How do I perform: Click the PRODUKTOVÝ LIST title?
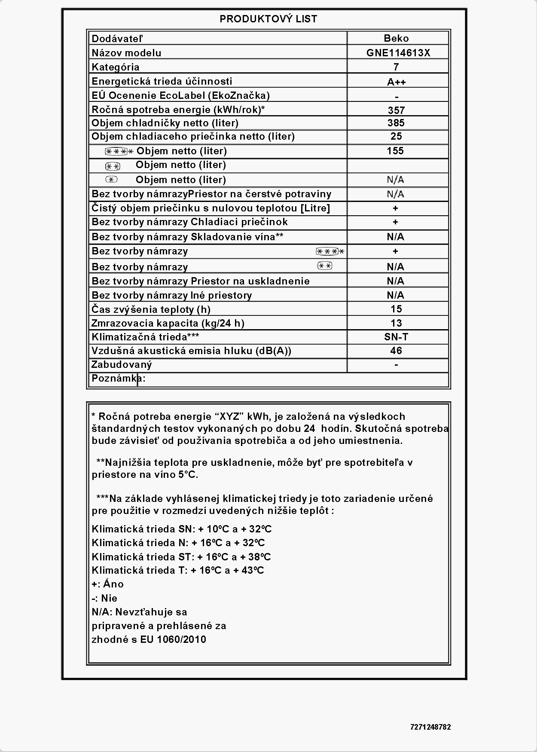(x=268, y=19)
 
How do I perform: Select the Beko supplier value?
(x=396, y=38)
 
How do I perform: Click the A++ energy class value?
(x=396, y=82)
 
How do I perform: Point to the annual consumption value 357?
(x=396, y=110)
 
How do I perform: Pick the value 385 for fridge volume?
(x=396, y=123)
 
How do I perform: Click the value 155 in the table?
(x=395, y=151)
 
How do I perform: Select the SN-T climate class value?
(x=396, y=337)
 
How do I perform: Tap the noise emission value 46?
(x=396, y=351)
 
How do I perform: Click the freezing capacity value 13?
(x=396, y=323)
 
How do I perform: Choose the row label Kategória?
(x=116, y=67)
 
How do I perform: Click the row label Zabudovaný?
(x=122, y=365)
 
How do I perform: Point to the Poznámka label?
(x=118, y=379)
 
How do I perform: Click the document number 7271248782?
(x=430, y=727)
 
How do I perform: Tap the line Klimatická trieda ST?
(x=181, y=557)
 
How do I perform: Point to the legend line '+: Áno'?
(x=107, y=584)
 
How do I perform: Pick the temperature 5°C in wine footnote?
(x=188, y=475)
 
